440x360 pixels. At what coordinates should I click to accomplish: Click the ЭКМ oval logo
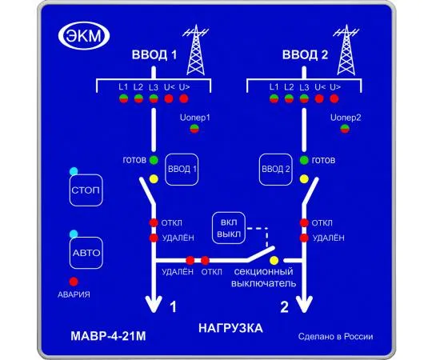point(84,36)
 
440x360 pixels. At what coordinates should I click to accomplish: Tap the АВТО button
point(86,253)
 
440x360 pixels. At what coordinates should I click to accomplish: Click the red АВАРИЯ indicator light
point(74,282)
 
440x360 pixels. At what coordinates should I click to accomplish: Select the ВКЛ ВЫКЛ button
point(229,228)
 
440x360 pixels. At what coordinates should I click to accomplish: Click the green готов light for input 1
point(154,160)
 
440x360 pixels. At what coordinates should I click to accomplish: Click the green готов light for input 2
point(304,160)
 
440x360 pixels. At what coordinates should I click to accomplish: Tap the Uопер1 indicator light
point(194,129)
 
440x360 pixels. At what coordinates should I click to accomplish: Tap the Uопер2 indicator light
point(345,129)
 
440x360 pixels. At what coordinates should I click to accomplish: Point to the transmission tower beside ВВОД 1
point(195,50)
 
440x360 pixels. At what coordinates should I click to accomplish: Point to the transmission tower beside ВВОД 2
point(346,50)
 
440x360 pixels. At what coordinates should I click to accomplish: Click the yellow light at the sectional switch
point(274,260)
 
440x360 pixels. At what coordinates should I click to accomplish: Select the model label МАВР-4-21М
point(108,336)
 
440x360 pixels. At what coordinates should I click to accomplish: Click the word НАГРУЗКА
point(230,328)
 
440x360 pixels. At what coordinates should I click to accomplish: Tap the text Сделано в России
point(336,336)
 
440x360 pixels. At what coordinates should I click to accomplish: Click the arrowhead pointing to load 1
point(154,305)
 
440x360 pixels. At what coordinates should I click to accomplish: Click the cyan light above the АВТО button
point(74,234)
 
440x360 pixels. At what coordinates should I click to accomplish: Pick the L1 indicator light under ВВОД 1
point(124,98)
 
